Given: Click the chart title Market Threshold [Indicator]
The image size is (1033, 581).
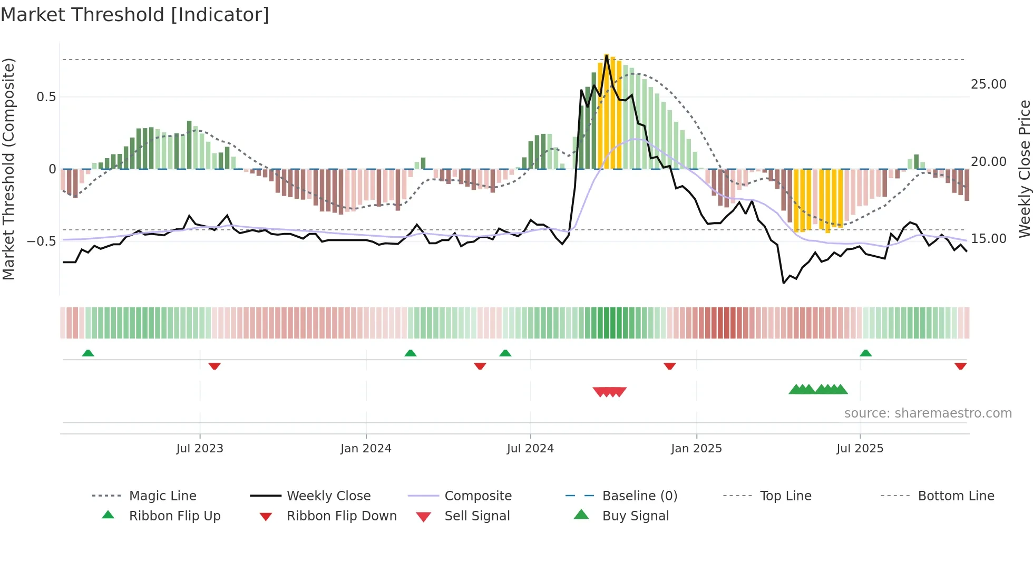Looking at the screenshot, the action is (x=135, y=15).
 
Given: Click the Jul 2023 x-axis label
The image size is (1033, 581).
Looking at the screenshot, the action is (x=200, y=449).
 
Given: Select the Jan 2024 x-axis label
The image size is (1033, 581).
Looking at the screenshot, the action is (x=366, y=449).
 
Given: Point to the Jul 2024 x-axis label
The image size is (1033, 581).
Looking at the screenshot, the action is (x=530, y=449).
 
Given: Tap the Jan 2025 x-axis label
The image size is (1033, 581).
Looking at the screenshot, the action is (x=696, y=449).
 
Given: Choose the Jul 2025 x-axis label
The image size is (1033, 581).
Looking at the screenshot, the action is (x=860, y=449).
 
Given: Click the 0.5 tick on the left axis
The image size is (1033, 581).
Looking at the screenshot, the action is (x=46, y=97).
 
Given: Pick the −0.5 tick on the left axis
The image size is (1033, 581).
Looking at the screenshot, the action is (x=42, y=241).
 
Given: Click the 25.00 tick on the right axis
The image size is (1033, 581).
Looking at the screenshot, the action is (x=988, y=84).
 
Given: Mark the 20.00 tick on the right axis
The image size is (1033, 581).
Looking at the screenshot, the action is (x=988, y=162).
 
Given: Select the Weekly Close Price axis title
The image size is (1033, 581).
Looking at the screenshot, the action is (x=1024, y=169).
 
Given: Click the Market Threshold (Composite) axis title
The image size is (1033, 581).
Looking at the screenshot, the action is (x=8, y=169).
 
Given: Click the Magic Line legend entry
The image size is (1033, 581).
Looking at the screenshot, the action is (x=162, y=496).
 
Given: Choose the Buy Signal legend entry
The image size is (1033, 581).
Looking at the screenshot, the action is (x=635, y=516).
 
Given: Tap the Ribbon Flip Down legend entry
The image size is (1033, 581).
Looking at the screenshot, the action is (x=342, y=516).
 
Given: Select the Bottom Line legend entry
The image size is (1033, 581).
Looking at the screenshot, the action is (x=956, y=496).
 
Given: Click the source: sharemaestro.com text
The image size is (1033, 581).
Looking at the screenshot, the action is (x=928, y=413).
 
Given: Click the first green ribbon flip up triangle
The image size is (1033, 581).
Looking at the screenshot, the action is (x=88, y=353).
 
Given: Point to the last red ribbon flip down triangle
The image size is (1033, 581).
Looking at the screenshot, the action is (x=960, y=366).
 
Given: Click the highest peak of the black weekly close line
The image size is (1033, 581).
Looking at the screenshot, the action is (x=607, y=55).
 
